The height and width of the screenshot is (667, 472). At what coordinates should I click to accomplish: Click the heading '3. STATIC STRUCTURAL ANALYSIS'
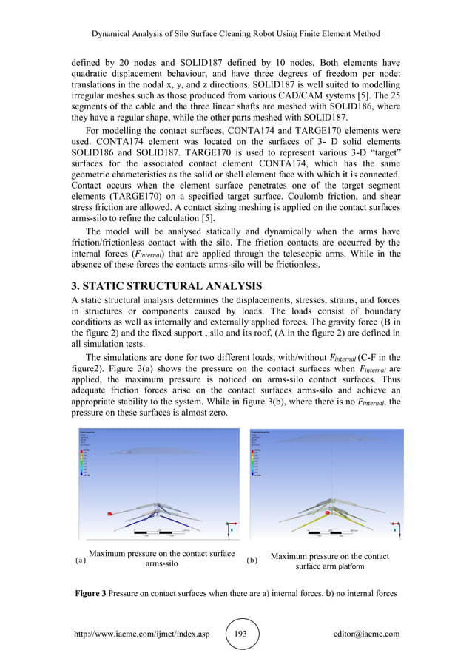[166, 285]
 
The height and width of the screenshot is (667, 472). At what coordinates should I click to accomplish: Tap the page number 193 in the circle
[241, 634]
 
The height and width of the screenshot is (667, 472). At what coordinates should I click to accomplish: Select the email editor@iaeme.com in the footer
[367, 634]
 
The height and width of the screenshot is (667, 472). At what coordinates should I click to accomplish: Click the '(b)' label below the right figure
[252, 561]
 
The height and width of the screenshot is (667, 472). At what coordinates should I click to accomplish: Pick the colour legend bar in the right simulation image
[258, 461]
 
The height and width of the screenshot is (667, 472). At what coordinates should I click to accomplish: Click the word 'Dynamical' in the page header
[115, 34]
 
